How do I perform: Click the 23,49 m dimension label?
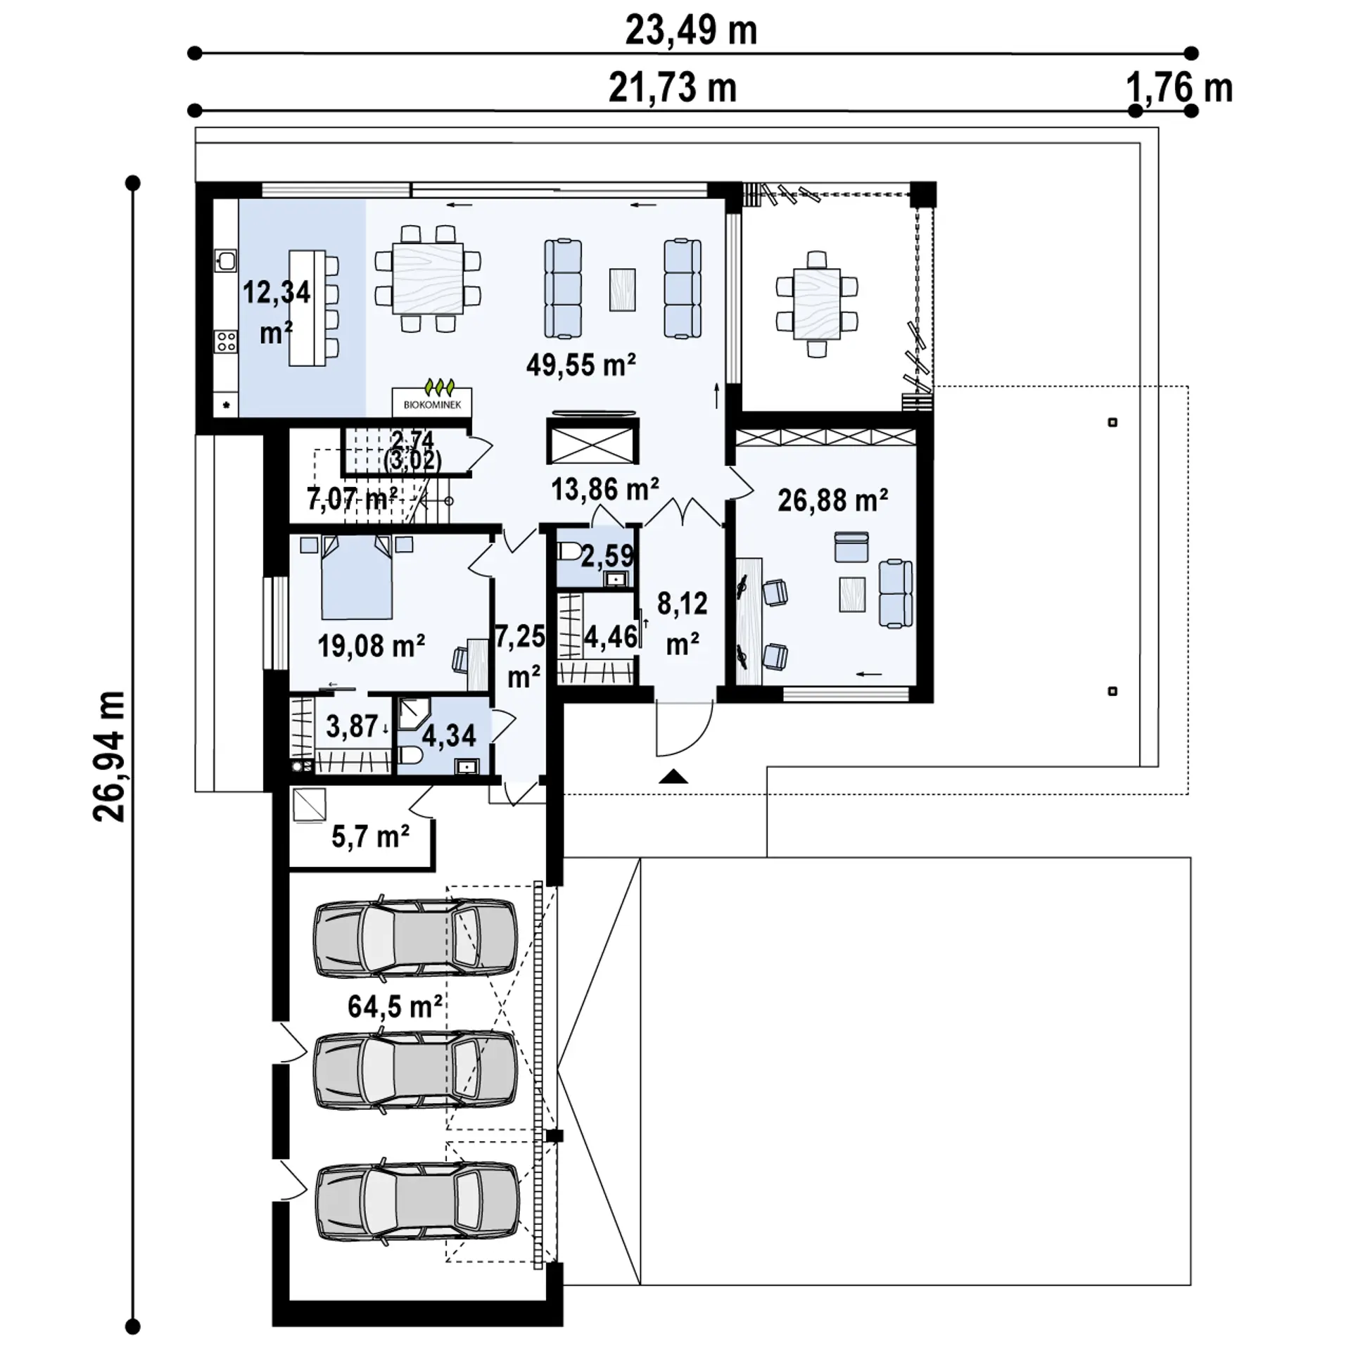(x=691, y=31)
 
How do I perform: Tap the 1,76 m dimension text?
(x=1179, y=89)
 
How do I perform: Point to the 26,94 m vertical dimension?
(x=109, y=756)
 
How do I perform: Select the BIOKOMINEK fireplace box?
(x=432, y=402)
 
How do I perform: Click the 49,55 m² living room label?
(x=581, y=365)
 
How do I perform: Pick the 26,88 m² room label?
(x=832, y=501)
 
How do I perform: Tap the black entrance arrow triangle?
(x=675, y=777)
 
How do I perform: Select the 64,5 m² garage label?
(x=395, y=1006)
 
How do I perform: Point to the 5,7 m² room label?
(x=370, y=837)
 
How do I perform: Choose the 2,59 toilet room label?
(x=607, y=557)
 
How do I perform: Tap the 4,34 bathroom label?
(x=449, y=736)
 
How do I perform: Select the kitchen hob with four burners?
(x=226, y=342)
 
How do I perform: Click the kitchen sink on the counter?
(x=226, y=261)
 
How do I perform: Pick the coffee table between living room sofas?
(x=622, y=289)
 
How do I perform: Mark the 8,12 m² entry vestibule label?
(x=681, y=623)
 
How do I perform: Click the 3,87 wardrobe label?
(x=352, y=726)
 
